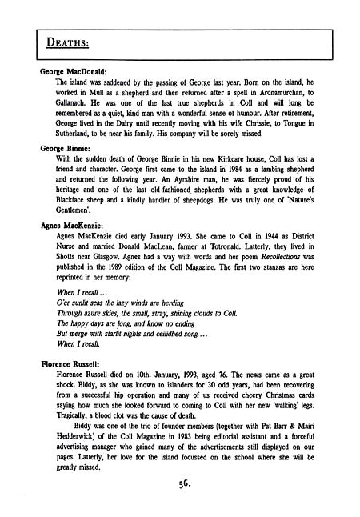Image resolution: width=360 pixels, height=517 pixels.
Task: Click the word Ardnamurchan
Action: [280, 94]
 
